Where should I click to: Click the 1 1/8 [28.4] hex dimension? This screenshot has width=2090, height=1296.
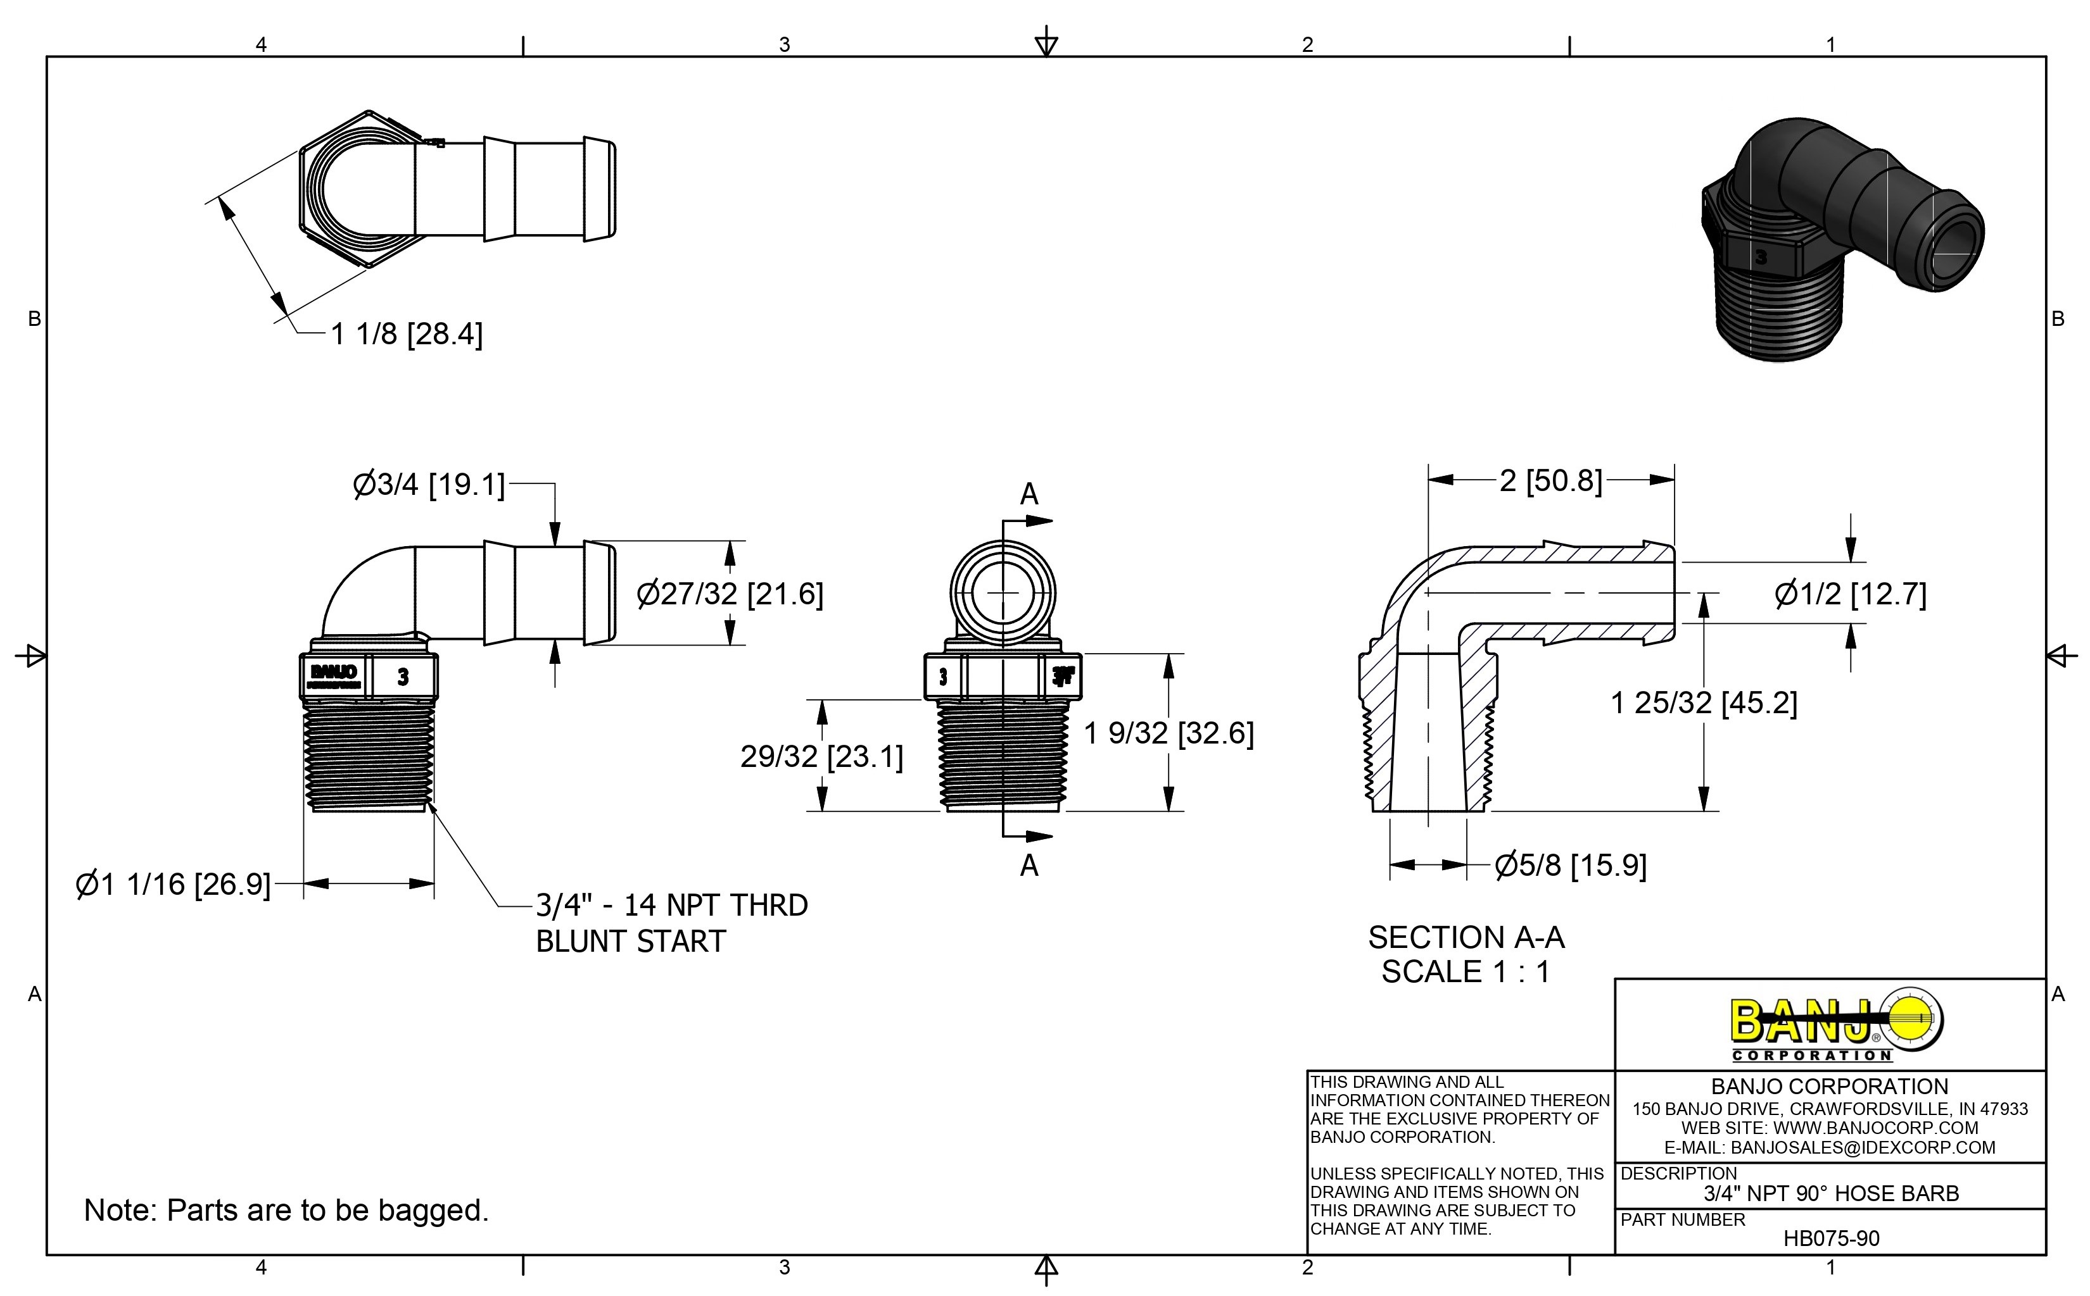(407, 334)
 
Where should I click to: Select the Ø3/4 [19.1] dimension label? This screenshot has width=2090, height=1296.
(429, 485)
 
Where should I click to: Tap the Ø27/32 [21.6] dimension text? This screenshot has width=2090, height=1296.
(730, 594)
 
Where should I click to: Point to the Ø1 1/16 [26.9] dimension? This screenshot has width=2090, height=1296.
(174, 883)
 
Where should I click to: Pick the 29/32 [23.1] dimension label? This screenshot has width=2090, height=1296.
(821, 757)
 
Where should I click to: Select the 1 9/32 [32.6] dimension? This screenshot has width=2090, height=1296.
(1168, 733)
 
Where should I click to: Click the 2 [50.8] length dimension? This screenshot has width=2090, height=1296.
(1550, 481)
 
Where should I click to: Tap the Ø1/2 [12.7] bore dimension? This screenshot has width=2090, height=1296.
(1850, 594)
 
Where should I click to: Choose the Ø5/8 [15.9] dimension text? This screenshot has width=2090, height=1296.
(1570, 866)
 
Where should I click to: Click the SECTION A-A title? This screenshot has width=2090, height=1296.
(1466, 938)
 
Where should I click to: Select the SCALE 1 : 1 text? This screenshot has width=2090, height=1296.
(1466, 972)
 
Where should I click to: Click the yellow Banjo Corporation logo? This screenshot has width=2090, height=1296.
(1835, 1026)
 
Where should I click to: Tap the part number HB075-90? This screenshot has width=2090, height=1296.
(1831, 1238)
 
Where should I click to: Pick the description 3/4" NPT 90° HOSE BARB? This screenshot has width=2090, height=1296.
(1831, 1193)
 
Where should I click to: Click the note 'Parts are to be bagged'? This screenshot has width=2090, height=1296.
(286, 1211)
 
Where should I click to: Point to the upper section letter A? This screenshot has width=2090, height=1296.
(1029, 495)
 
